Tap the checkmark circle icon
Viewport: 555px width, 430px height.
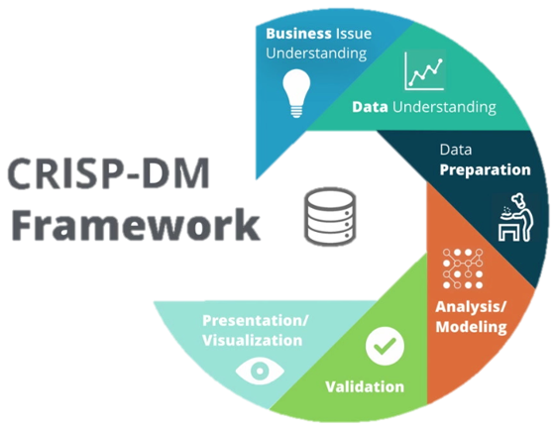[x=385, y=345]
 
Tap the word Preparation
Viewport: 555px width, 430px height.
[x=486, y=169]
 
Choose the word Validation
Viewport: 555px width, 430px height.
[x=365, y=386]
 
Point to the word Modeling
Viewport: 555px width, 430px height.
[x=472, y=326]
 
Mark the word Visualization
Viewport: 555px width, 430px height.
[x=252, y=340]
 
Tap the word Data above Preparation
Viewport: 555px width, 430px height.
[x=455, y=150]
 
